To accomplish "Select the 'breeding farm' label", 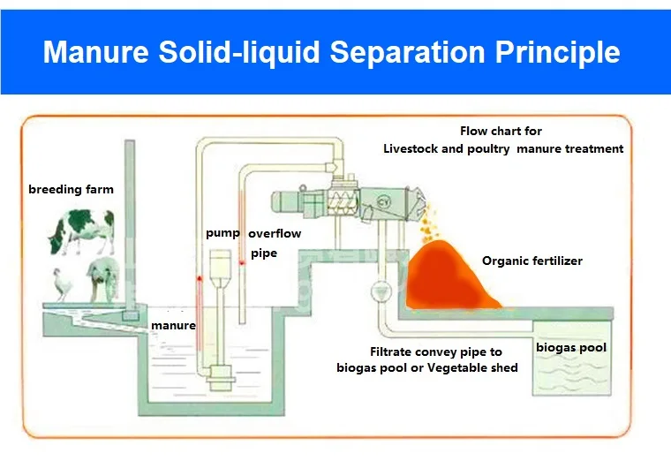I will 71,189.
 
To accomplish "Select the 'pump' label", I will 222,233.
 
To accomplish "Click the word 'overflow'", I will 275,234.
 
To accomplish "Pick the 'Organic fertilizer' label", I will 532,261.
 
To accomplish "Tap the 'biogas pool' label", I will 571,347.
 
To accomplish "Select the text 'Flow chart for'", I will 501,131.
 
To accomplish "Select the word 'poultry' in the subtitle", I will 488,148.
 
